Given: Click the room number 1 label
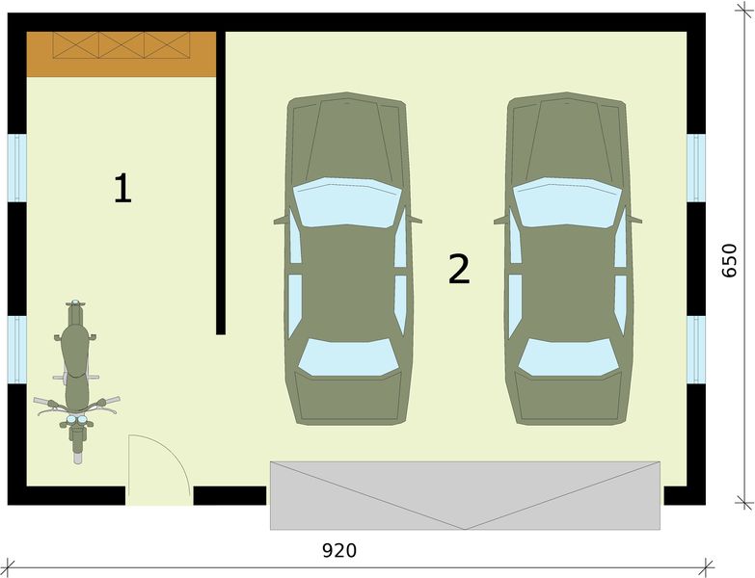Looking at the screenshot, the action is [x=122, y=189].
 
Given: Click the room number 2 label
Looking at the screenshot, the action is [x=459, y=269].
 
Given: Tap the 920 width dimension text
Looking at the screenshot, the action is [x=339, y=551].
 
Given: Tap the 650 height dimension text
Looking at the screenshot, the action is [x=729, y=261].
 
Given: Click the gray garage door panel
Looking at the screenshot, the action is [x=465, y=495].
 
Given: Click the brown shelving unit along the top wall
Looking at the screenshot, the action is [x=121, y=54].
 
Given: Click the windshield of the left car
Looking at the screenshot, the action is [x=347, y=202].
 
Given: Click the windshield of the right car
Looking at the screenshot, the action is [x=567, y=202].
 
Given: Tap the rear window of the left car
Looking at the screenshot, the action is [x=348, y=357].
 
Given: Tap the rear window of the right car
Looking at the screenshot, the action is [x=568, y=357].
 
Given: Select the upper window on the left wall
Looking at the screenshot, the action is [x=16, y=168].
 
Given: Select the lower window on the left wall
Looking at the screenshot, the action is [x=16, y=350].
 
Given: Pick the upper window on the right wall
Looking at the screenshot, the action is [x=696, y=168].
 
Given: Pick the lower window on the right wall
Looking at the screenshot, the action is [x=696, y=350].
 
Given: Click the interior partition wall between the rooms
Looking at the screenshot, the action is [x=221, y=183].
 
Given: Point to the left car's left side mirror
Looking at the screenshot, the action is [x=281, y=221].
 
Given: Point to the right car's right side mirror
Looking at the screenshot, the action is [x=634, y=220].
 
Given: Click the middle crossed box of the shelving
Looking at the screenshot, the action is [x=121, y=45].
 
